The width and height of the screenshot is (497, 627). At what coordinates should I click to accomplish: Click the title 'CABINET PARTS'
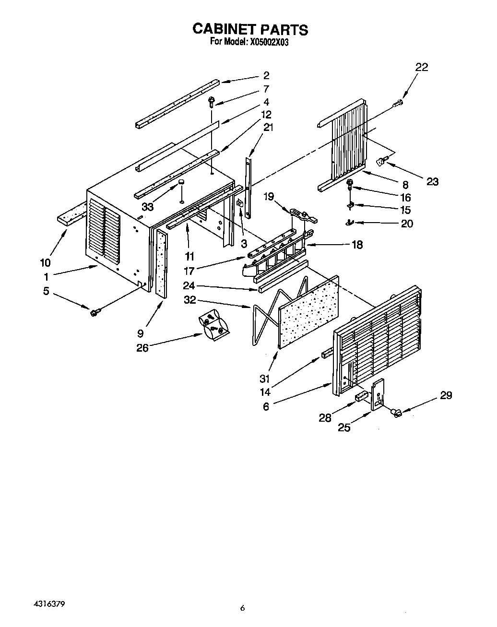pos(250,29)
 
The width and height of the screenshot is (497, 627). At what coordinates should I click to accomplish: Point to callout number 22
pos(421,67)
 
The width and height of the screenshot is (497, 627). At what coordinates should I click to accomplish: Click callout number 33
pos(147,207)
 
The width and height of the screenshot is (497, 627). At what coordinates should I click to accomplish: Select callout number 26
pos(142,348)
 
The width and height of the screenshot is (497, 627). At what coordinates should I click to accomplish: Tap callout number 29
pos(446,395)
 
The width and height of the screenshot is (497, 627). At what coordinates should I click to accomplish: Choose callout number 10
pos(45,262)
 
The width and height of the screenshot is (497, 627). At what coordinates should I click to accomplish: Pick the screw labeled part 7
pos(211,101)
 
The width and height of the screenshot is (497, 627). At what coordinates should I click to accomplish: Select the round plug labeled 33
pos(182,183)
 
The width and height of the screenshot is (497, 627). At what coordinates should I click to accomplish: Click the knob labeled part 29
pos(396,412)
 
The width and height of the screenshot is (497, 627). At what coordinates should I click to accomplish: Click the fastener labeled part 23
pos(382,162)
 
